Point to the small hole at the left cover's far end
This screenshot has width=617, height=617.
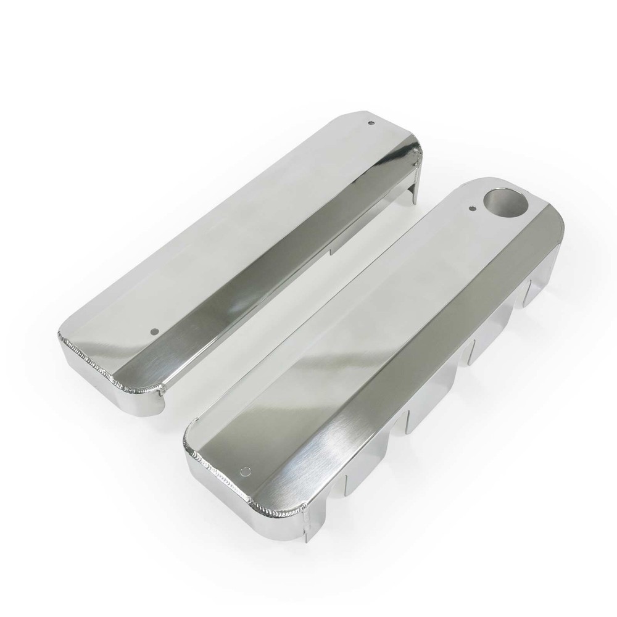coord(371,123)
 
